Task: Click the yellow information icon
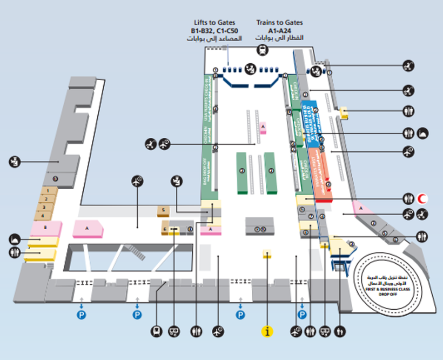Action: (x=267, y=331)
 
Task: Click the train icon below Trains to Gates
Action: (x=262, y=49)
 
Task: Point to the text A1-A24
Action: (x=280, y=31)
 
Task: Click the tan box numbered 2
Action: (x=49, y=199)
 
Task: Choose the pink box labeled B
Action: (x=45, y=228)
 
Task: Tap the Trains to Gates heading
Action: (x=280, y=23)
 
